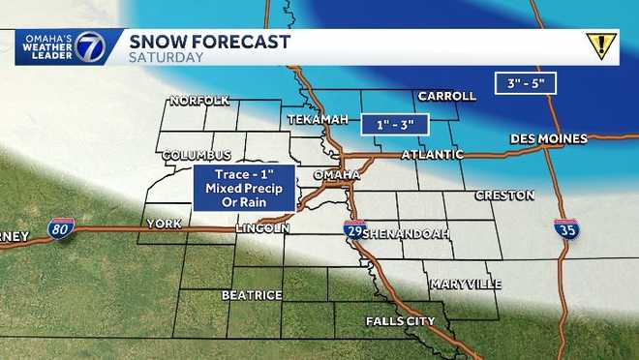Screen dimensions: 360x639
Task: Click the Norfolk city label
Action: coord(198,101)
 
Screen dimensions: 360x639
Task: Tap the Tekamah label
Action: coord(316,118)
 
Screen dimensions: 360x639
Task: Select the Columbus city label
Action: coord(197,155)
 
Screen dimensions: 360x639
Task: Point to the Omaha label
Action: coord(337,174)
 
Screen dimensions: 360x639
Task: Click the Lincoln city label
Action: coord(262,228)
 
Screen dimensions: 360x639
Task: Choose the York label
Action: coord(164,224)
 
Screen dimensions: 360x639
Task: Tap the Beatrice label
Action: coord(252,294)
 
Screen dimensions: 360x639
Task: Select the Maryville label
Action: coord(466,284)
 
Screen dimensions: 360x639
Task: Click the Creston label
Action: coord(504,195)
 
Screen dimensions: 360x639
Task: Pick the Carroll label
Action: coord(446,96)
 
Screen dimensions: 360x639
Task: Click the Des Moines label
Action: coord(550,139)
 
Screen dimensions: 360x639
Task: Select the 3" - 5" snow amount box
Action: coord(527,83)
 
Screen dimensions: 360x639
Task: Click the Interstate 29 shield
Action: coord(354,228)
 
